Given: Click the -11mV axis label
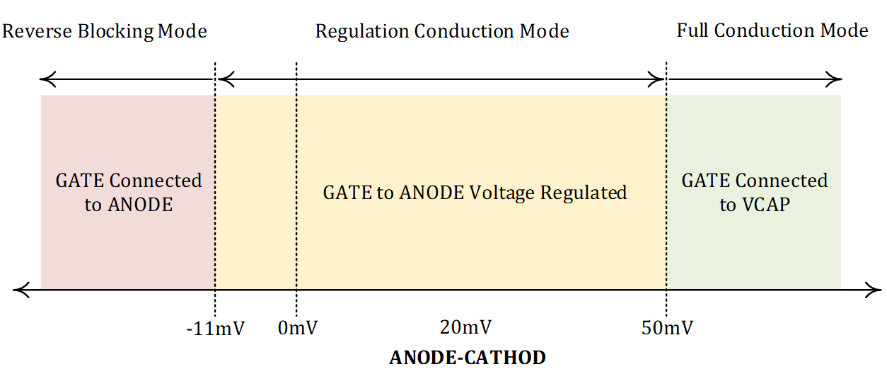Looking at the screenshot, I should (x=215, y=329).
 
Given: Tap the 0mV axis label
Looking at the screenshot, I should (x=298, y=329).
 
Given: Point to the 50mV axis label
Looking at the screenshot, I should (x=666, y=329).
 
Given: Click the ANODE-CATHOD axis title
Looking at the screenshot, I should (x=468, y=357).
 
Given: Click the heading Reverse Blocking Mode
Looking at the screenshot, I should (x=105, y=32).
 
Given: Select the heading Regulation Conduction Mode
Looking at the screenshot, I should (x=442, y=32).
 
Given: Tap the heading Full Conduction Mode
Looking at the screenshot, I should (x=772, y=31).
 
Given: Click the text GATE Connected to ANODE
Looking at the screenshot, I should (x=129, y=193).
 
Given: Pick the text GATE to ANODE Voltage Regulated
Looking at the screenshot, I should (x=475, y=193).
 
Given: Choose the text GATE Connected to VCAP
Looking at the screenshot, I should (x=755, y=193).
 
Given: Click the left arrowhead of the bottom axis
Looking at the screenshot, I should (x=19, y=289).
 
